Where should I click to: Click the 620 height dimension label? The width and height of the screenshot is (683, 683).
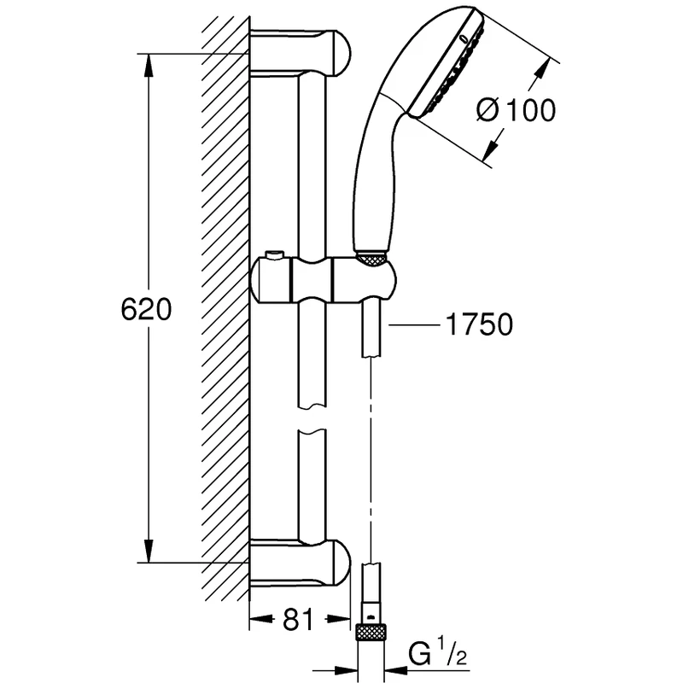pos(145,310)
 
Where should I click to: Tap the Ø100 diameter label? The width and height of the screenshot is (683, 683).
pos(516,109)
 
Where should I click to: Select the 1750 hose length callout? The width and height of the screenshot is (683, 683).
pos(478,324)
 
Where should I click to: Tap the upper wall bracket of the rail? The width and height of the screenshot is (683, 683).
pos(299,54)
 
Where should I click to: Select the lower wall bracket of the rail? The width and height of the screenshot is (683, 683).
pos(299,563)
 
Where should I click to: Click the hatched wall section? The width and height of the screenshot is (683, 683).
pos(225,307)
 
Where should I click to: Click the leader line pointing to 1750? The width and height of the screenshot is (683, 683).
pos(413,324)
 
